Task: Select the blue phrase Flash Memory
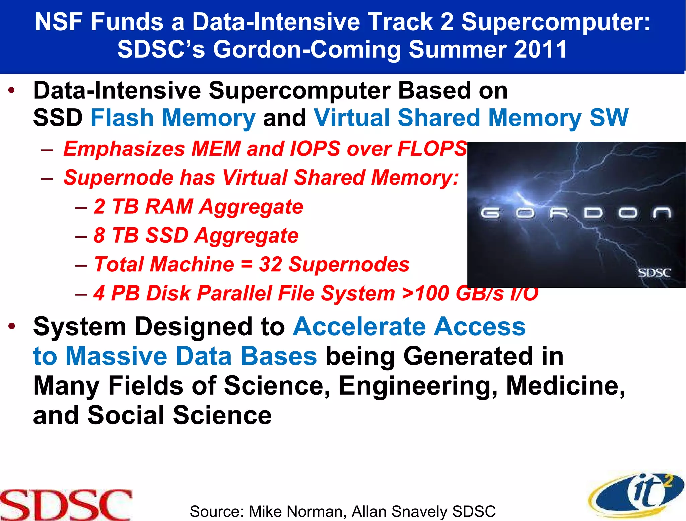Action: click(x=173, y=118)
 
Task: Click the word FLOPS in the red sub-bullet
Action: click(x=432, y=149)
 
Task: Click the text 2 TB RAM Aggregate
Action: click(x=198, y=206)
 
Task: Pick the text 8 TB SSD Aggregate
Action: click(x=196, y=235)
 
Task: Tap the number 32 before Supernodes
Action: click(x=270, y=264)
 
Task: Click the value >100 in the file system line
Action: click(x=425, y=293)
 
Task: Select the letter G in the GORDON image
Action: click(x=490, y=213)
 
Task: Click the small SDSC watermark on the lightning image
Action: click(x=654, y=273)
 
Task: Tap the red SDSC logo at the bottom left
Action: click(x=66, y=505)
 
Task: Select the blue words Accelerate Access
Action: click(x=409, y=326)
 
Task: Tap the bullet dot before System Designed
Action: click(x=12, y=326)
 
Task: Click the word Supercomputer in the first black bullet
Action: click(x=299, y=91)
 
